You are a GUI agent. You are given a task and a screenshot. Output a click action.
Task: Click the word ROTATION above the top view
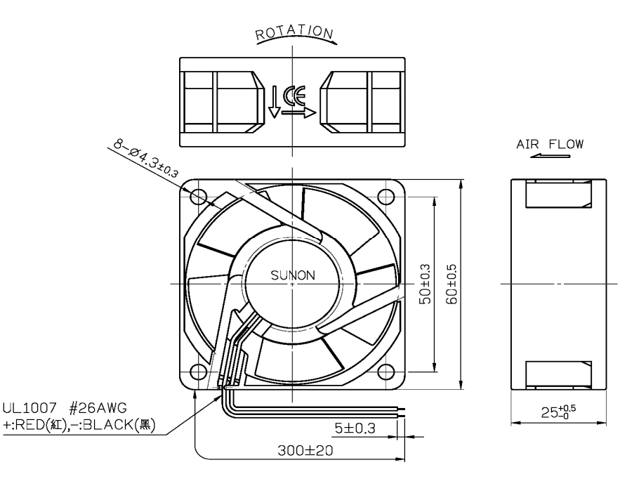pyautogui.click(x=295, y=33)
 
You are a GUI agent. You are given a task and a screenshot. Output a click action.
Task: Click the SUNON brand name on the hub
pyautogui.click(x=293, y=275)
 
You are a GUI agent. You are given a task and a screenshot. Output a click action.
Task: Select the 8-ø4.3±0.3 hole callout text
pyautogui.click(x=146, y=158)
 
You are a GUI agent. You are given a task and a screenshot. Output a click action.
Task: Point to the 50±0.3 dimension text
pyautogui.click(x=425, y=284)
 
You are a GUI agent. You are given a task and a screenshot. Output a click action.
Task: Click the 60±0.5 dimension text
pyautogui.click(x=451, y=284)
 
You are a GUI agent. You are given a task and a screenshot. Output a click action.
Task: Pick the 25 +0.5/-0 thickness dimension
pyautogui.click(x=558, y=412)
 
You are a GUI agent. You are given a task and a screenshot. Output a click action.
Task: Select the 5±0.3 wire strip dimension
pyautogui.click(x=355, y=428)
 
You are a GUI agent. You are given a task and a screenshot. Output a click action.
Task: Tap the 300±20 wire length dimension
pyautogui.click(x=305, y=450)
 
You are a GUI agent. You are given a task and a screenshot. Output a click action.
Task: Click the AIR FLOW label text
pyautogui.click(x=550, y=144)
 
